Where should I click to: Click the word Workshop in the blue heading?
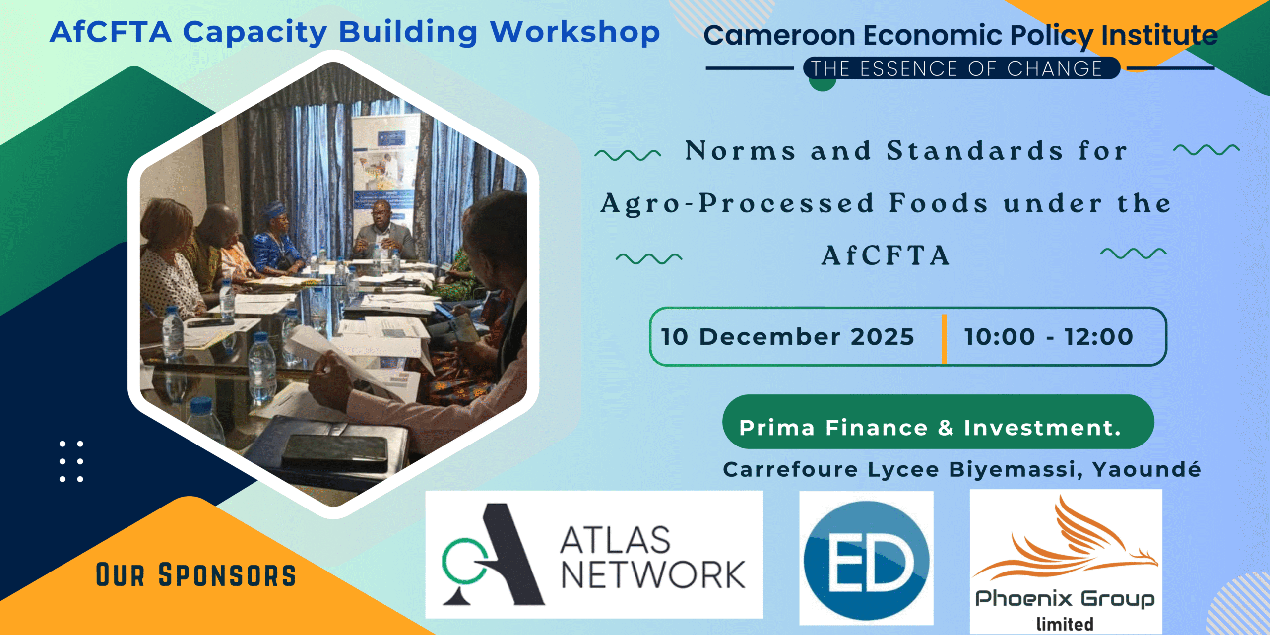click(575, 33)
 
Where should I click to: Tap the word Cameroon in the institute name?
click(779, 36)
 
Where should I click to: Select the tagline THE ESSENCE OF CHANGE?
click(956, 68)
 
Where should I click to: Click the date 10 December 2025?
click(787, 337)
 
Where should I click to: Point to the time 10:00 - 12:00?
click(1049, 337)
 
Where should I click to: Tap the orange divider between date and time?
click(944, 339)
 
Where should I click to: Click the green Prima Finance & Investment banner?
click(938, 422)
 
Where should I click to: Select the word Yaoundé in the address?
click(1146, 469)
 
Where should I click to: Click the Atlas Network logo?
click(594, 554)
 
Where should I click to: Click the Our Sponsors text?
click(196, 575)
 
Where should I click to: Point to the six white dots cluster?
click(71, 461)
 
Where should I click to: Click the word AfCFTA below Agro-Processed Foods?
click(886, 256)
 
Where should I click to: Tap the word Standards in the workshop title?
click(975, 151)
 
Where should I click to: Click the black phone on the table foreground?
click(335, 449)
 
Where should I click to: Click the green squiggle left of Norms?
click(628, 155)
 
